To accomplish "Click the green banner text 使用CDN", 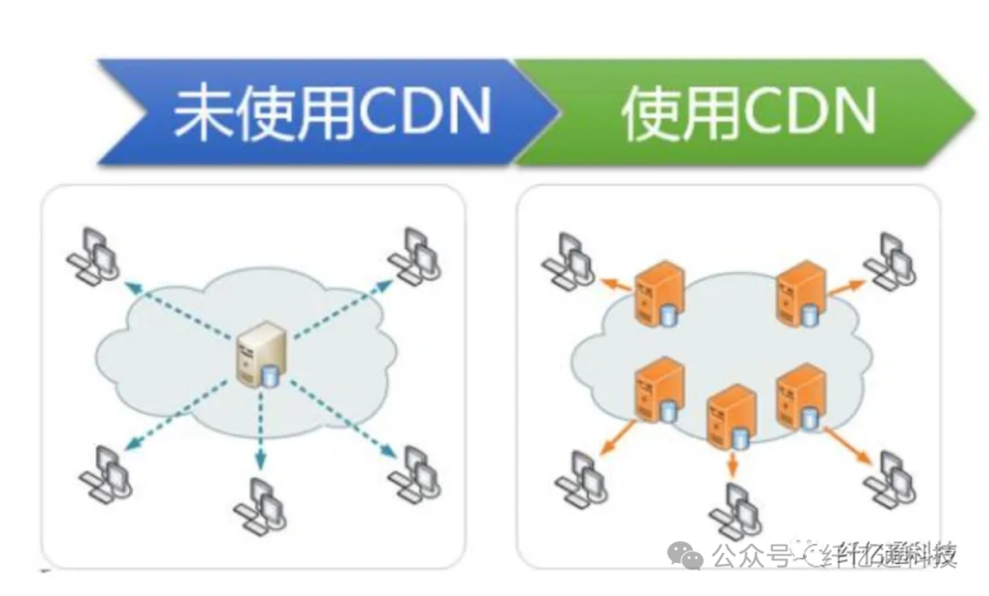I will pyautogui.click(x=747, y=113).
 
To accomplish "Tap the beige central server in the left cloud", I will pyautogui.click(x=258, y=355).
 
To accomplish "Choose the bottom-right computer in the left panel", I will pyautogui.click(x=414, y=471).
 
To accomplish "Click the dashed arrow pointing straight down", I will pyautogui.click(x=260, y=426).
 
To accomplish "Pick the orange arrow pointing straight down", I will pyautogui.click(x=733, y=463).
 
